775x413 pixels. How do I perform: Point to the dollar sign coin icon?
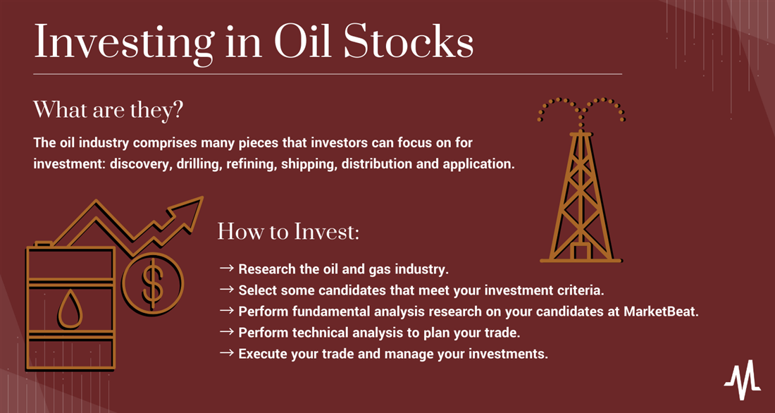153,284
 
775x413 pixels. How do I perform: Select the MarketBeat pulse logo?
743,379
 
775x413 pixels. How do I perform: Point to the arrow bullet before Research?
226,269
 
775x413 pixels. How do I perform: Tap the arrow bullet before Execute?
226,354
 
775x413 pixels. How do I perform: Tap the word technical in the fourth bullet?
308,333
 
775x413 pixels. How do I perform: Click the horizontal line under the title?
328,74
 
